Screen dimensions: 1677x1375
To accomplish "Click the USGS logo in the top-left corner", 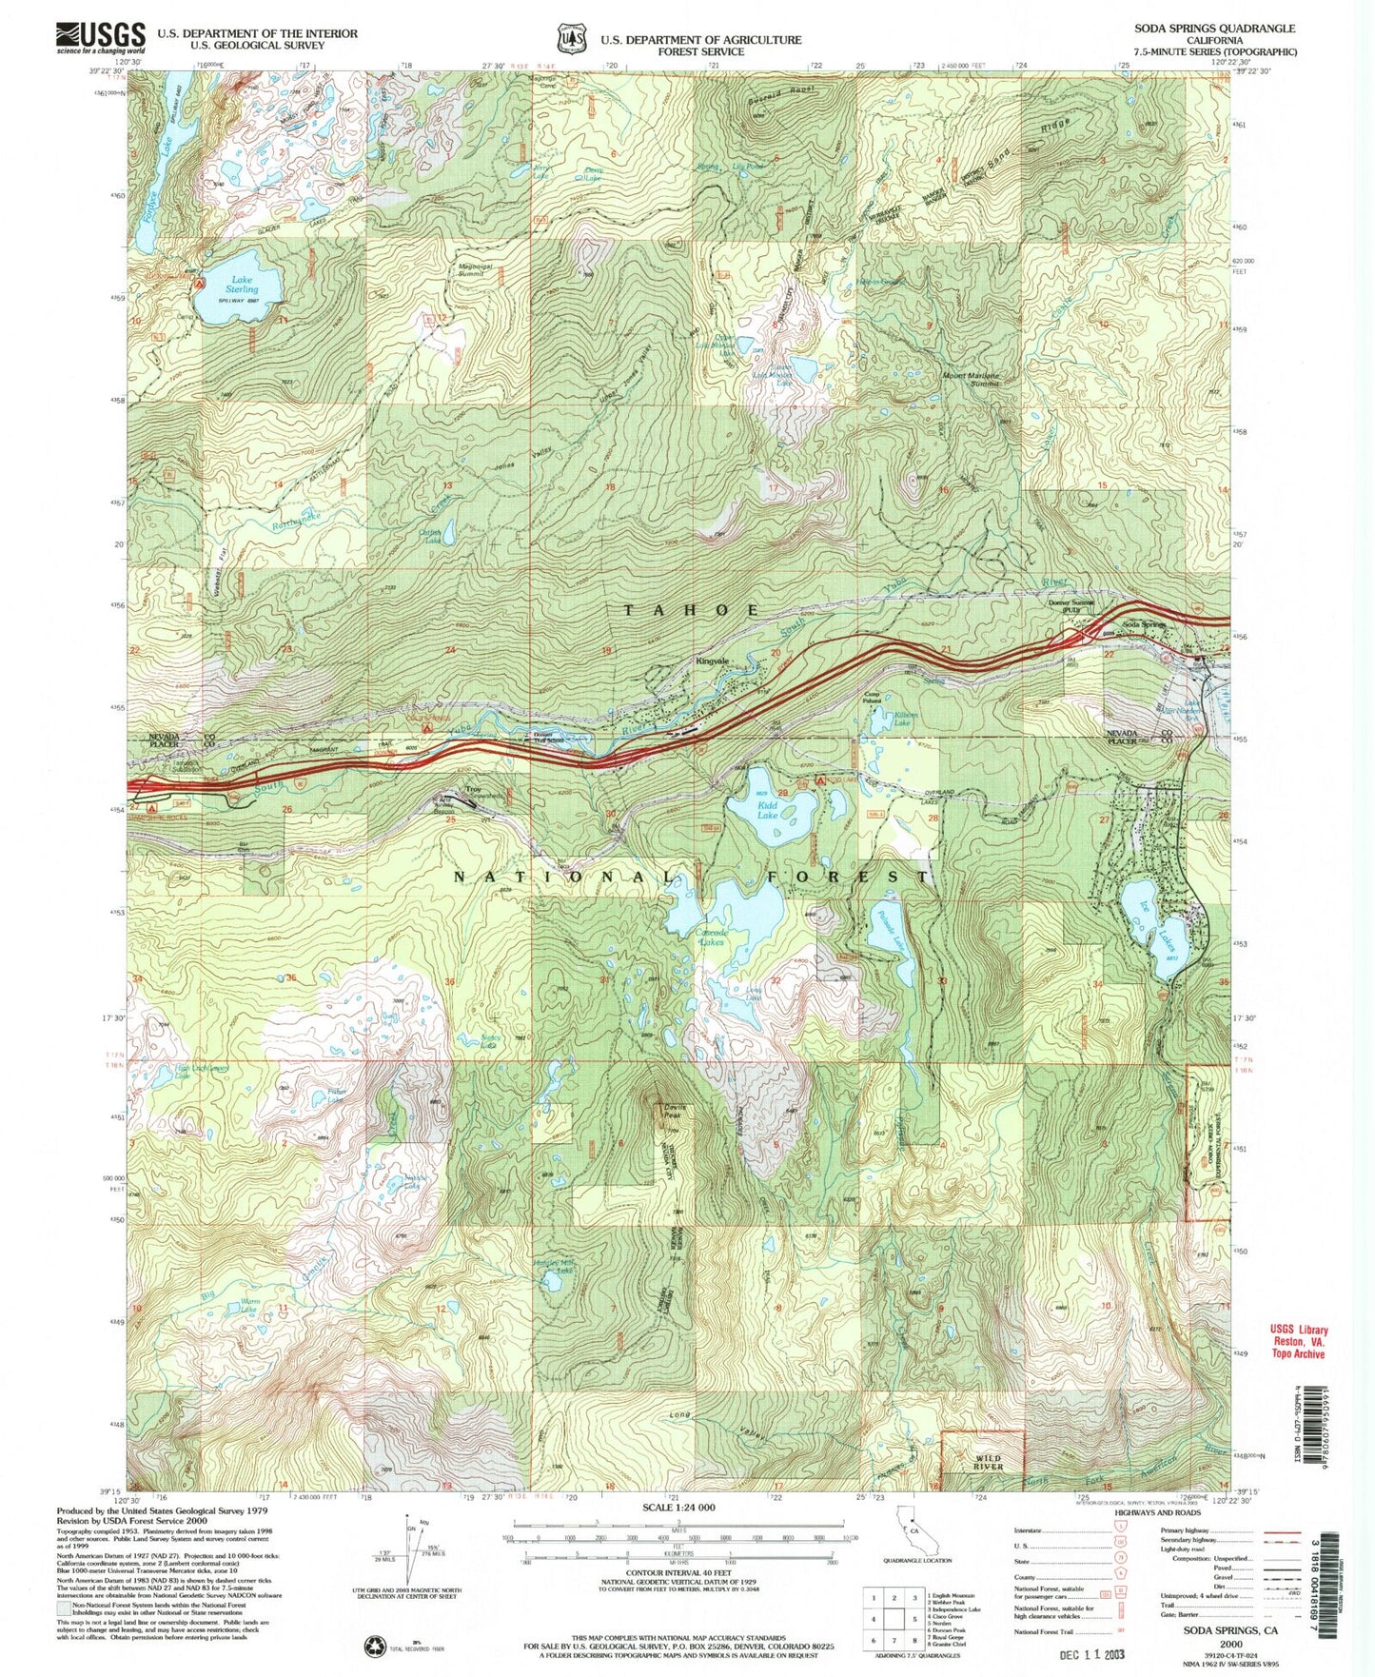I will tap(101, 36).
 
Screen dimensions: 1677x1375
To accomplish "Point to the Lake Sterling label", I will tap(242, 283).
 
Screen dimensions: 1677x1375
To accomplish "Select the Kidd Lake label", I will tap(767, 810).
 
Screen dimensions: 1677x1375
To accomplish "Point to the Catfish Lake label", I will tap(432, 538).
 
